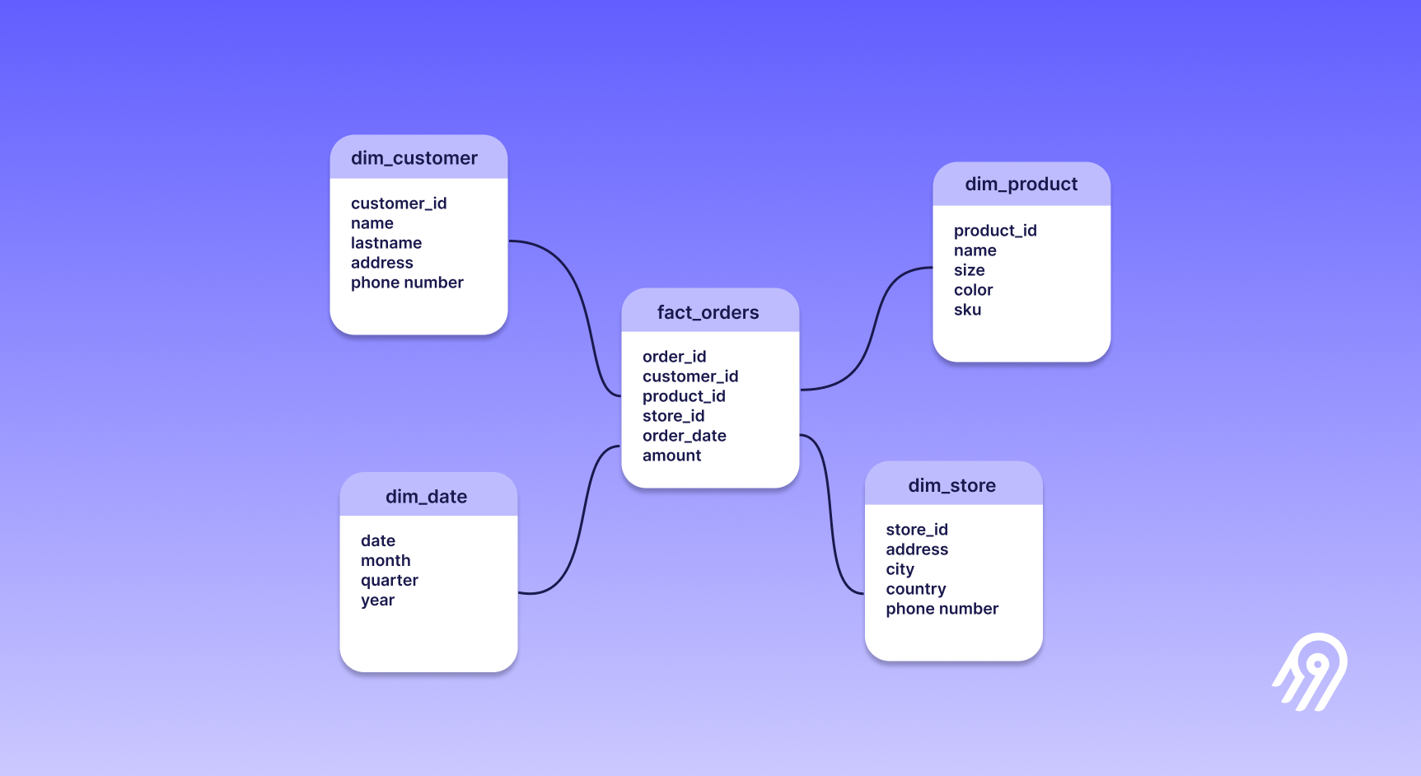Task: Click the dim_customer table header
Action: click(x=414, y=158)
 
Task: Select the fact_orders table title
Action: click(x=708, y=312)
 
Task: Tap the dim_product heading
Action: click(x=1021, y=185)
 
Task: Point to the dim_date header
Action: click(x=426, y=497)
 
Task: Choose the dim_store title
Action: click(x=951, y=486)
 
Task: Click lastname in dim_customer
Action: click(x=386, y=243)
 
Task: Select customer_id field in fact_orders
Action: click(x=689, y=376)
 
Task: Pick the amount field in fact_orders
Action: click(x=671, y=456)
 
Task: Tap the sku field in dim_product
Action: click(x=967, y=310)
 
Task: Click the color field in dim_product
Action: click(x=973, y=290)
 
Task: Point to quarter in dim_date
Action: click(x=389, y=581)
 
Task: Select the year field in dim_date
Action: click(x=377, y=601)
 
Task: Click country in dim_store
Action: click(x=915, y=589)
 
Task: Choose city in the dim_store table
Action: click(x=900, y=569)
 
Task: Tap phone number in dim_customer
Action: click(x=407, y=283)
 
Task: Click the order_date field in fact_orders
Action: click(x=684, y=436)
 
